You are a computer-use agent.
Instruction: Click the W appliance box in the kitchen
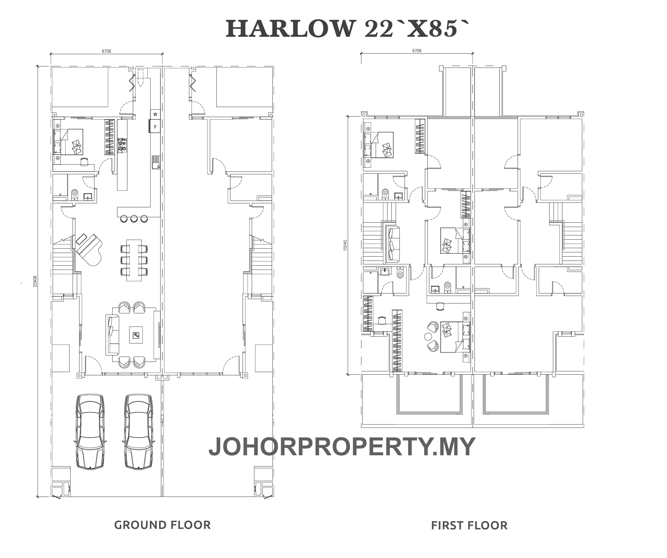[x=155, y=114]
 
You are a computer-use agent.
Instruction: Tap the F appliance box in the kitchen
[x=155, y=127]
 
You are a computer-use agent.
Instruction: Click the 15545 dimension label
[x=345, y=245]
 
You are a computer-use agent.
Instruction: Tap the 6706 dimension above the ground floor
[x=107, y=51]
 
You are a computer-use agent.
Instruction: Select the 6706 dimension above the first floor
[x=417, y=51]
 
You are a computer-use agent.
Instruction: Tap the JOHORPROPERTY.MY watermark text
[x=342, y=447]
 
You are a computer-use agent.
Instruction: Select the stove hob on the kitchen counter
[x=122, y=145]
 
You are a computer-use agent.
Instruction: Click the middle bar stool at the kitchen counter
[x=134, y=219]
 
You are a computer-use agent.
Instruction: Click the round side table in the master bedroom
[x=428, y=336]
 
